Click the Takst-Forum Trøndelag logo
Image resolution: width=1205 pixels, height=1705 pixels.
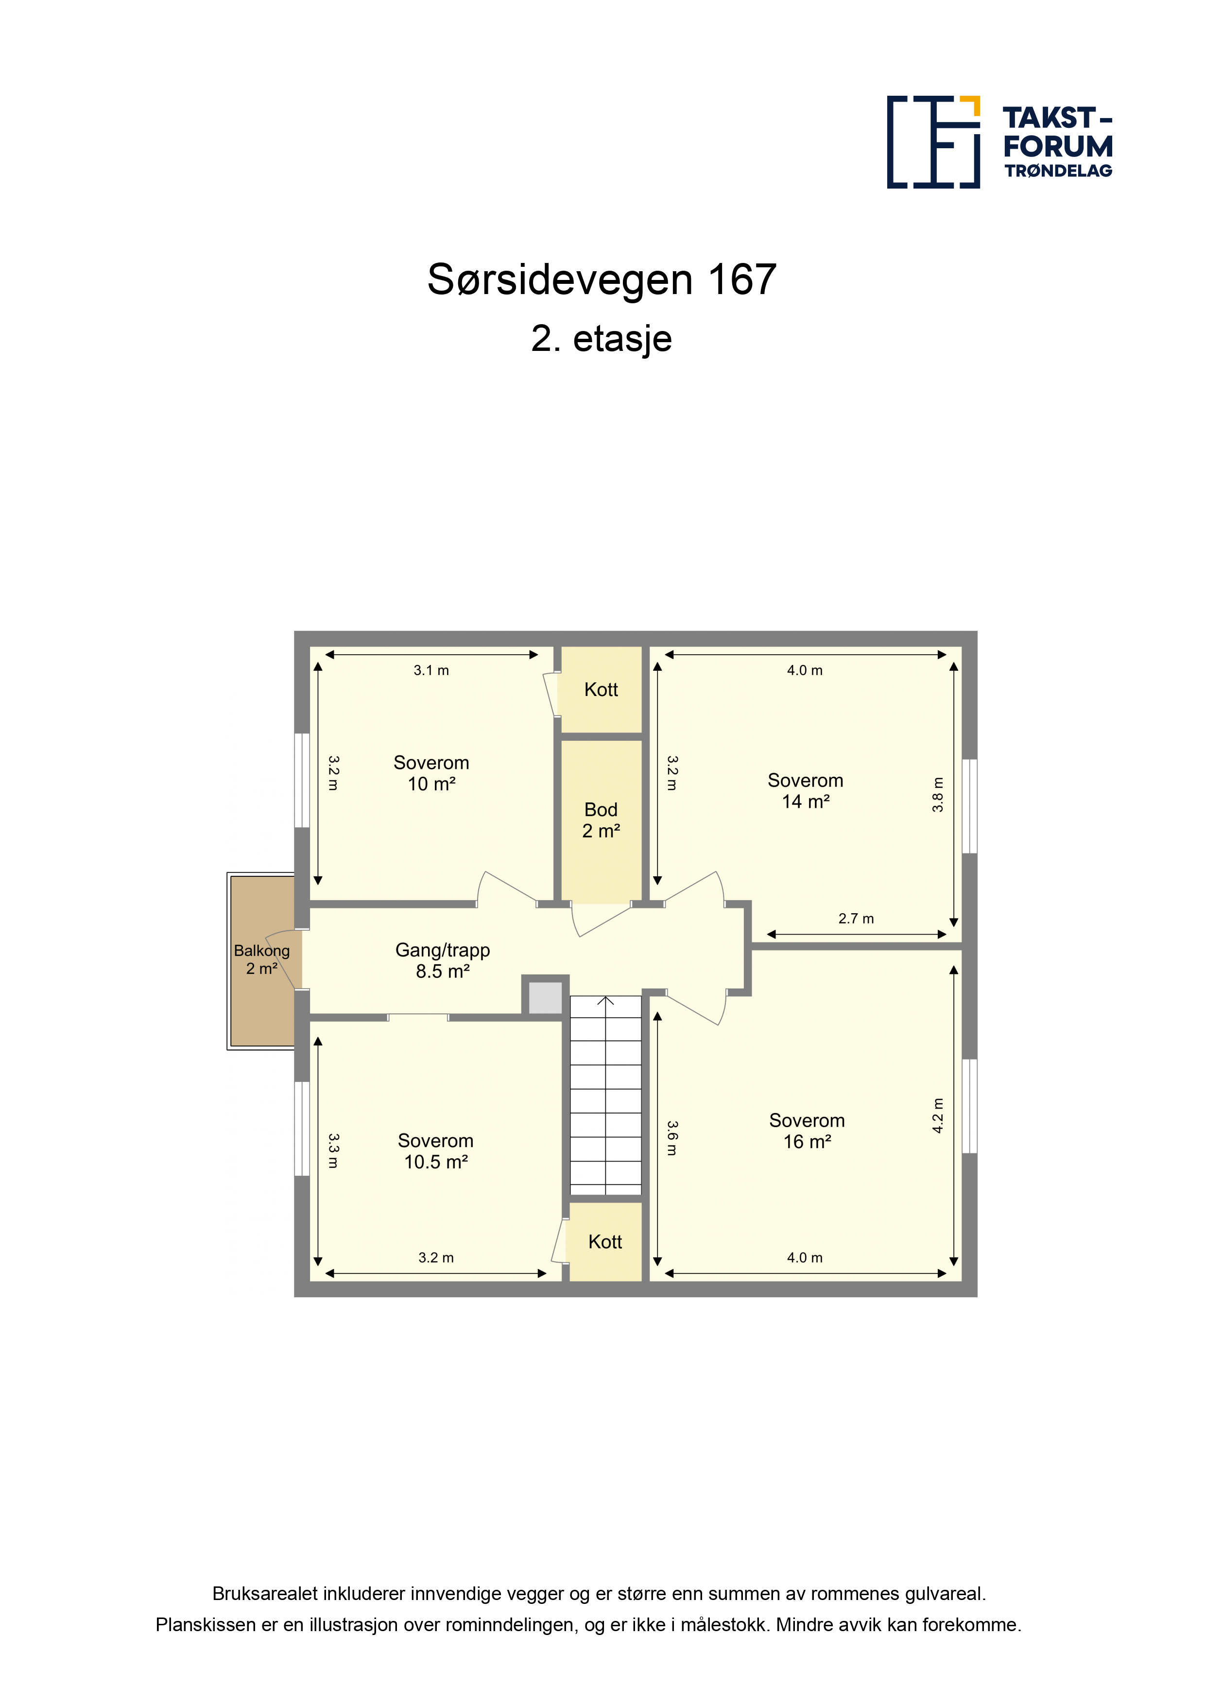[999, 142]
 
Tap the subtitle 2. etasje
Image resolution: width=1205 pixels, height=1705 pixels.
[602, 339]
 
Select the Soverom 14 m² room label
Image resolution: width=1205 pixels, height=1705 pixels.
[806, 791]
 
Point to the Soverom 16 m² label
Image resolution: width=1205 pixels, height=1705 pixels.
[807, 1131]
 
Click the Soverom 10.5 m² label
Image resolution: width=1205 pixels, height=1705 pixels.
[436, 1151]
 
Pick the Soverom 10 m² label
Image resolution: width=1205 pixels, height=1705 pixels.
[431, 773]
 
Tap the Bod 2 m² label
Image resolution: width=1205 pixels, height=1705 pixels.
[601, 820]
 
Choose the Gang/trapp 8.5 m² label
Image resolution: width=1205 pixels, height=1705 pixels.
[443, 961]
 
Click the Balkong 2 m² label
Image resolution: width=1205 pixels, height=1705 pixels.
[261, 959]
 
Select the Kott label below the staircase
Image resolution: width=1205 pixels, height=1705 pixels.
[605, 1242]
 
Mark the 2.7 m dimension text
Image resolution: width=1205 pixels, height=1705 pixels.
[856, 919]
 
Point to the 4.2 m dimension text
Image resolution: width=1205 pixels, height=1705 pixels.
[938, 1115]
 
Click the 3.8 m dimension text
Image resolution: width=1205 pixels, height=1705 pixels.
[938, 795]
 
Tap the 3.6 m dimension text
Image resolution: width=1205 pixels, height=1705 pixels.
[672, 1138]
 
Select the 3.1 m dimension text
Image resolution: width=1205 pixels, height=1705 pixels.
[431, 671]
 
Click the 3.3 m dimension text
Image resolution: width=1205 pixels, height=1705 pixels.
[333, 1151]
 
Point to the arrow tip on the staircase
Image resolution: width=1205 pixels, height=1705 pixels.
[606, 997]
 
